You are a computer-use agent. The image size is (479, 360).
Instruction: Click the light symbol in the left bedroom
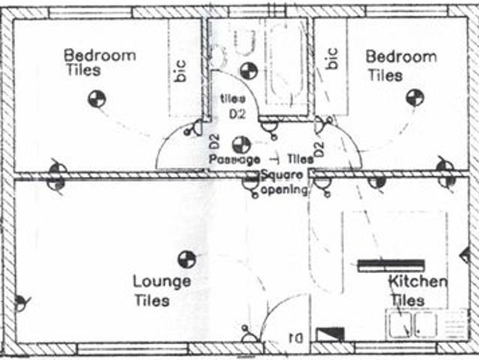(97, 98)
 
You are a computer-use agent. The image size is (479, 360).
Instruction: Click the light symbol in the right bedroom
(415, 97)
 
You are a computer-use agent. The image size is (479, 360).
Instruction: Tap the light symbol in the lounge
(186, 259)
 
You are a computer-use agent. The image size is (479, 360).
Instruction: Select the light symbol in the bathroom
(249, 71)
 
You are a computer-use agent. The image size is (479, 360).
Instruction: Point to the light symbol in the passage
(241, 144)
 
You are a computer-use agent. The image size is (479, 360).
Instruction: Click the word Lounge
(161, 282)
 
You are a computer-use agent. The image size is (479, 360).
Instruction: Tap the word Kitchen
(418, 282)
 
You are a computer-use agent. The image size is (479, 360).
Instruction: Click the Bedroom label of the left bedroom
(100, 55)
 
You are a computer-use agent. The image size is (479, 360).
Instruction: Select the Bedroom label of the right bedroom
(400, 57)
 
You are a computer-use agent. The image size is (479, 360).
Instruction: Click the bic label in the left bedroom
(180, 69)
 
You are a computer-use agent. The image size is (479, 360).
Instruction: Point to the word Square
(282, 175)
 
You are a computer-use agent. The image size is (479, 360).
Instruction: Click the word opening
(285, 189)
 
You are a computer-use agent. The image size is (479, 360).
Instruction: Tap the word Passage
(235, 160)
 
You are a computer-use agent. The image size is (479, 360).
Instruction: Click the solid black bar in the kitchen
(391, 265)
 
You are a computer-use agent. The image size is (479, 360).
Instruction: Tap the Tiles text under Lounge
(151, 301)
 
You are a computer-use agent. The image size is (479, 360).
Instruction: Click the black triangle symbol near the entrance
(331, 333)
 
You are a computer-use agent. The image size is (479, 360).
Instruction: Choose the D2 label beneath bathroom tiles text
(237, 113)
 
